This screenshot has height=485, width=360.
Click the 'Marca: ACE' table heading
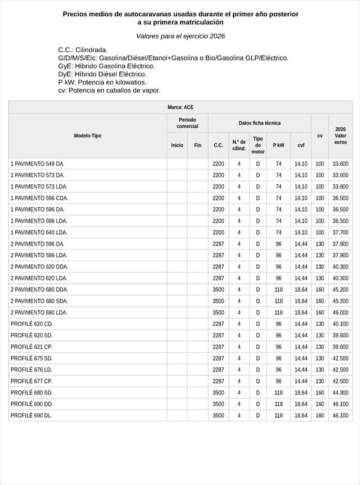(x=180, y=107)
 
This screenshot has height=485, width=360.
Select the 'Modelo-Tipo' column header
(x=88, y=136)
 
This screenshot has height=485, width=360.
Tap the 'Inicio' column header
(x=177, y=145)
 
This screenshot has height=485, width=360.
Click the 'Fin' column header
(x=197, y=145)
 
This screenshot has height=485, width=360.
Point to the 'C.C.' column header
(x=218, y=145)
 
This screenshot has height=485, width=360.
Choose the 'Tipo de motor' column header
(x=258, y=145)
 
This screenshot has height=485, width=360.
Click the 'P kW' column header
(x=278, y=145)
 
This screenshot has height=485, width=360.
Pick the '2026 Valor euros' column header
(x=340, y=136)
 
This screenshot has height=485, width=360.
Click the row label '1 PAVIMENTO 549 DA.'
(x=37, y=164)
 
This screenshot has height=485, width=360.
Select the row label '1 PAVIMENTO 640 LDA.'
(x=39, y=232)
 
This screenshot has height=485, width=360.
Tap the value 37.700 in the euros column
(x=340, y=232)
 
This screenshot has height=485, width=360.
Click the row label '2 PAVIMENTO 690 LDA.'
(x=39, y=313)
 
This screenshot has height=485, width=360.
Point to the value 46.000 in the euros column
(x=340, y=313)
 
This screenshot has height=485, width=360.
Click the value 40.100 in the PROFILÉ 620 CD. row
(x=340, y=324)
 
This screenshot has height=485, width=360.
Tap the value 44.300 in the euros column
(x=340, y=393)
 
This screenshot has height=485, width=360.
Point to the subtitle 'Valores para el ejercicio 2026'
(x=180, y=36)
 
